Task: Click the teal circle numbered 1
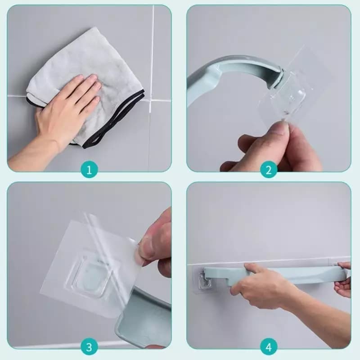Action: (89, 170)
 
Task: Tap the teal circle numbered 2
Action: (269, 170)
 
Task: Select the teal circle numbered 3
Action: (89, 347)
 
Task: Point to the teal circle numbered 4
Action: (269, 347)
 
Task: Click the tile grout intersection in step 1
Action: (150, 100)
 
